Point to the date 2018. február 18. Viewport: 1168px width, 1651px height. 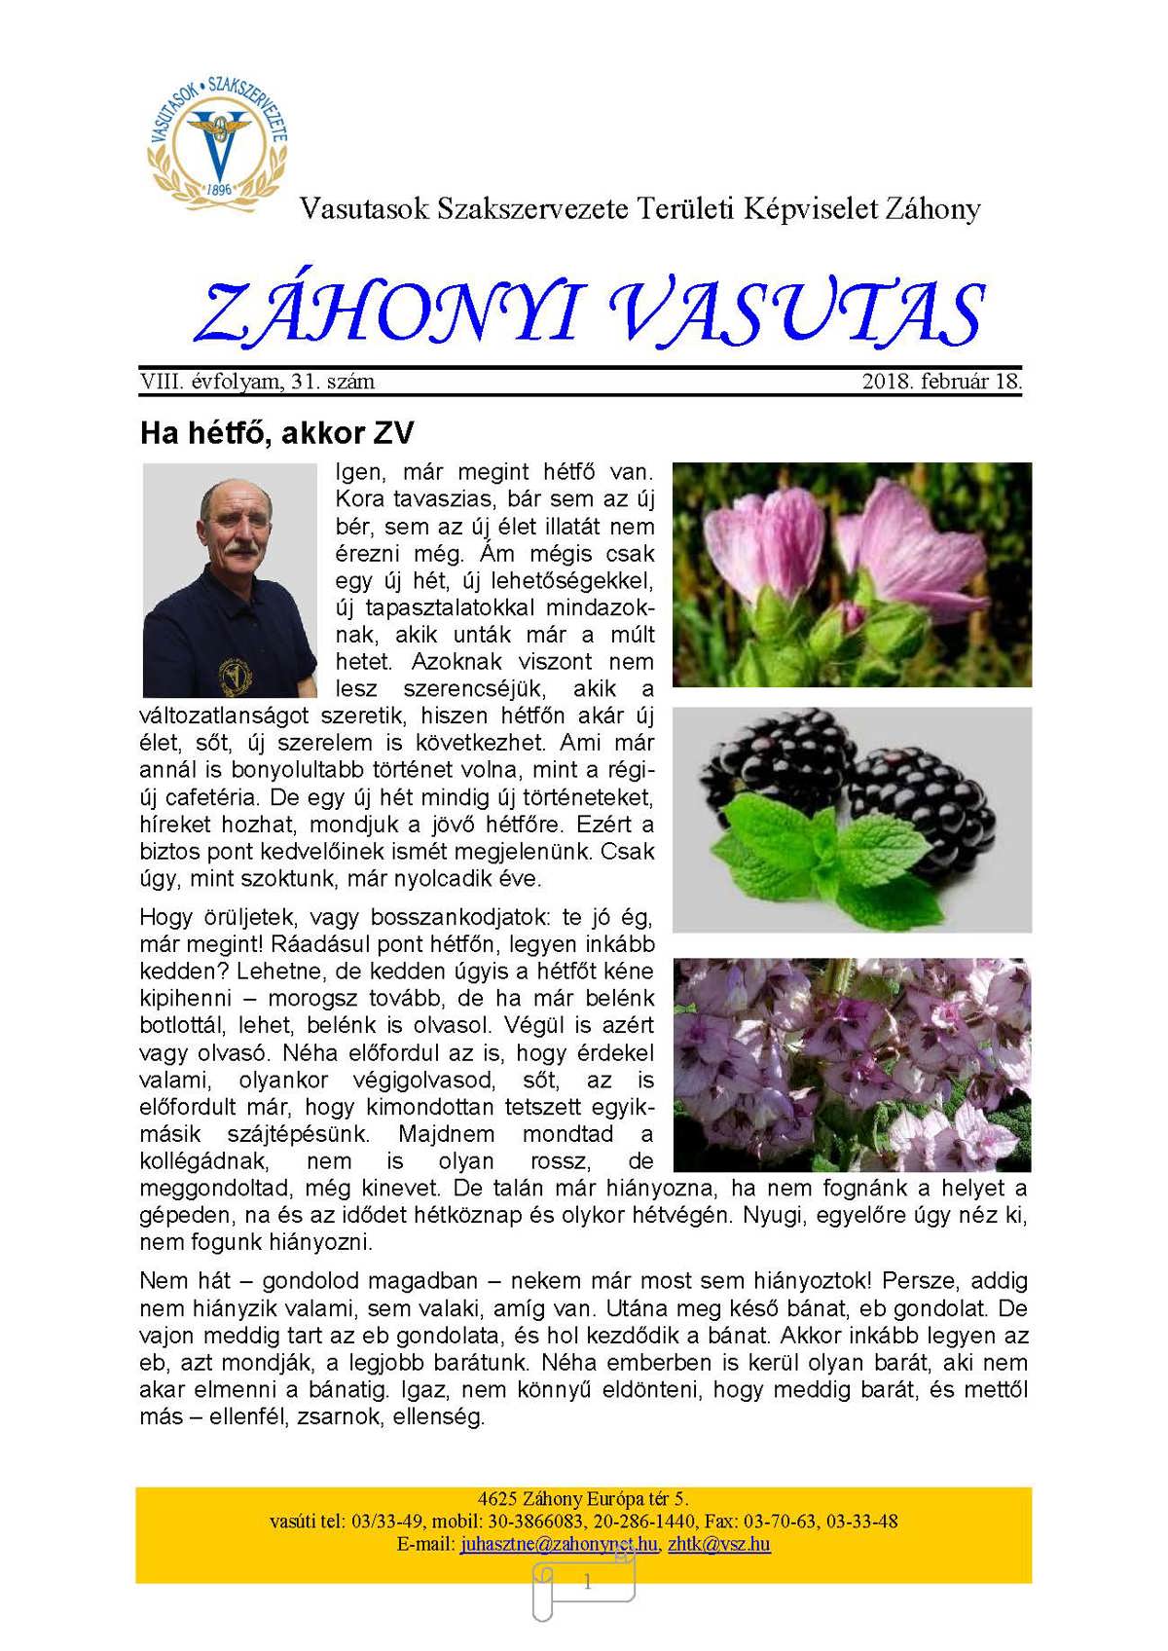point(941,382)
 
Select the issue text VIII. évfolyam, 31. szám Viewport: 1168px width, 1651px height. point(257,382)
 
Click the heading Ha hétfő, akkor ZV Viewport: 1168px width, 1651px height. point(277,432)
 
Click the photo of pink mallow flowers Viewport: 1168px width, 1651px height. point(852,574)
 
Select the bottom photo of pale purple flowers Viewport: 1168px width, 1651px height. point(852,1064)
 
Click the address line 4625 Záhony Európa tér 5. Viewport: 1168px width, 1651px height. point(583,1498)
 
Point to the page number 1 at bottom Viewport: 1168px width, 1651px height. point(587,1583)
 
